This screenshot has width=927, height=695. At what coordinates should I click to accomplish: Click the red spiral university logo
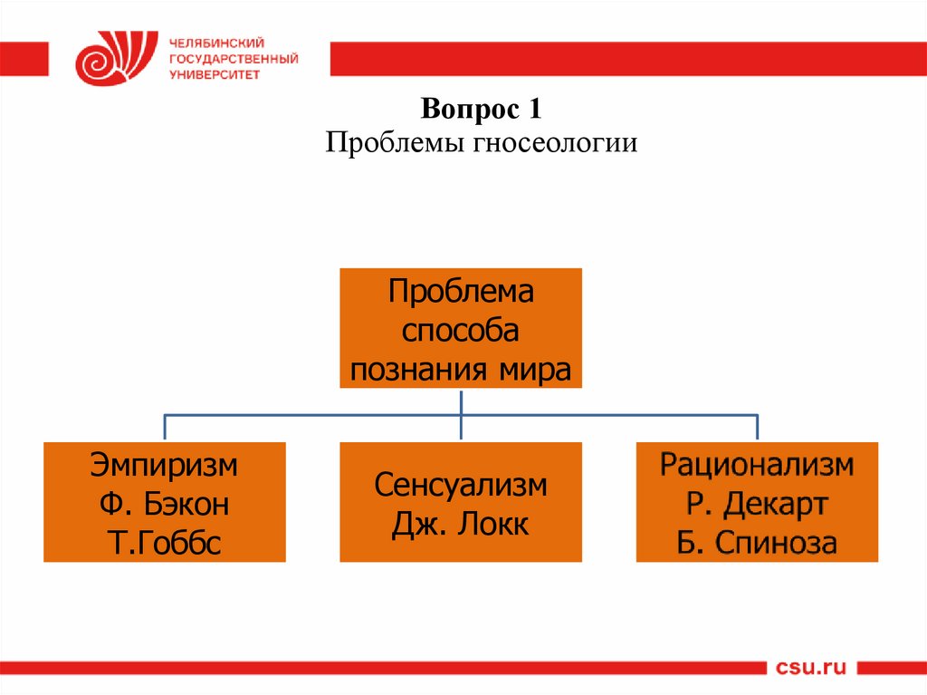point(109,58)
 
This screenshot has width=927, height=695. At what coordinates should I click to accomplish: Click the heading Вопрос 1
point(481,112)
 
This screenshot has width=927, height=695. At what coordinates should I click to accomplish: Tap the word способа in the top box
point(461,331)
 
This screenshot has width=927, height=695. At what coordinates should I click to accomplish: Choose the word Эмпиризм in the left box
point(165,466)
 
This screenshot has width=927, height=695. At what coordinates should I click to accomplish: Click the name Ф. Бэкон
point(165,505)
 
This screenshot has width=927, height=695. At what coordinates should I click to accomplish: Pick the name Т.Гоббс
point(165,544)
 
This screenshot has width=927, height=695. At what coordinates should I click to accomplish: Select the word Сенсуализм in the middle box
point(461,485)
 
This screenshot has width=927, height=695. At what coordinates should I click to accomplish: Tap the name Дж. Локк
point(461,524)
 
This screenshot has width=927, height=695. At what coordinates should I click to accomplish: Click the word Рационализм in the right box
point(757,466)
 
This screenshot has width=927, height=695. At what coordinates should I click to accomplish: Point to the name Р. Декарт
point(757,505)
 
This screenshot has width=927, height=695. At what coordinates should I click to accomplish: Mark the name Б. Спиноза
point(757,544)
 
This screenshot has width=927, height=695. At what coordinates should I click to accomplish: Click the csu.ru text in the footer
point(811,669)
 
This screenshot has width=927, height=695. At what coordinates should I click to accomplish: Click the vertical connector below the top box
point(461,401)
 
